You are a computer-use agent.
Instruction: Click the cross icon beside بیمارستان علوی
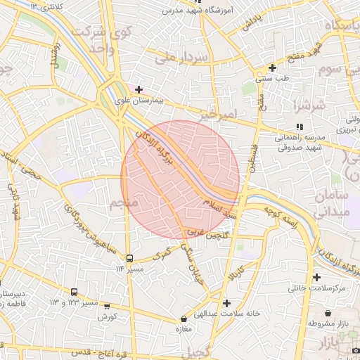point(139,89)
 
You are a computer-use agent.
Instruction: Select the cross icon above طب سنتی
point(272,68)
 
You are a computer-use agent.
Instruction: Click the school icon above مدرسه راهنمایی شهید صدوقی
point(300,126)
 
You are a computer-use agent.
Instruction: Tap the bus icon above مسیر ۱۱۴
point(129,258)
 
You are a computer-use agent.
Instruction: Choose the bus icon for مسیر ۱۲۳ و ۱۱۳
point(75,292)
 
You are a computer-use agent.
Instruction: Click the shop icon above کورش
point(106,306)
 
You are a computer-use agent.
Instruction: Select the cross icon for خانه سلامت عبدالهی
point(226,303)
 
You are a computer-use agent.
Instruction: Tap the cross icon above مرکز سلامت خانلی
point(316,277)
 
